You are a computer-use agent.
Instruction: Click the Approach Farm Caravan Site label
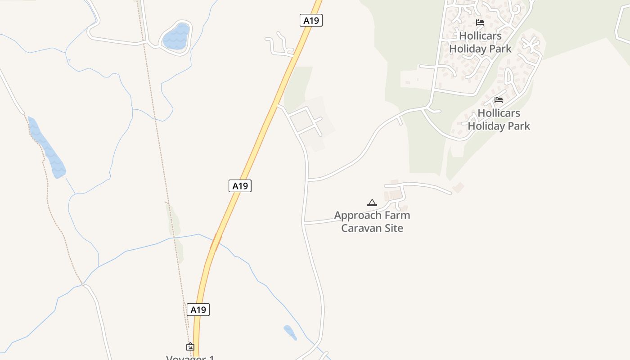click(372, 221)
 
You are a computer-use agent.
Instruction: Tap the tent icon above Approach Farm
click(372, 202)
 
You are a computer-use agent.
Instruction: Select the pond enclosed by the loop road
click(176, 37)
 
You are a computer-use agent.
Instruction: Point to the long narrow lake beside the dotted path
click(47, 148)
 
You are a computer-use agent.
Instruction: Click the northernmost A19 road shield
click(311, 20)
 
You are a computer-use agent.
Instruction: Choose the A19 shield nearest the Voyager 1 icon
click(198, 310)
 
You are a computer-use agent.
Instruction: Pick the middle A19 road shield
click(240, 185)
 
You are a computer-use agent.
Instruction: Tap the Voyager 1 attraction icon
click(190, 346)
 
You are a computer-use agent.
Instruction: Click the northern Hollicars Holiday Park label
click(480, 42)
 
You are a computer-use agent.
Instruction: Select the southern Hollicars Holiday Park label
click(499, 119)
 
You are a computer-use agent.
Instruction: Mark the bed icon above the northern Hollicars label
click(480, 22)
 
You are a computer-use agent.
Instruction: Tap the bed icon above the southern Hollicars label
click(499, 99)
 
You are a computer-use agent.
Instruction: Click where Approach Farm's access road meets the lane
click(305, 223)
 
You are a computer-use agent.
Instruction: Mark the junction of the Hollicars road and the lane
click(308, 180)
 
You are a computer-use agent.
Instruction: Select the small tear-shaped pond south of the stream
click(290, 333)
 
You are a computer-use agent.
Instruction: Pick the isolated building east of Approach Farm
click(458, 187)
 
